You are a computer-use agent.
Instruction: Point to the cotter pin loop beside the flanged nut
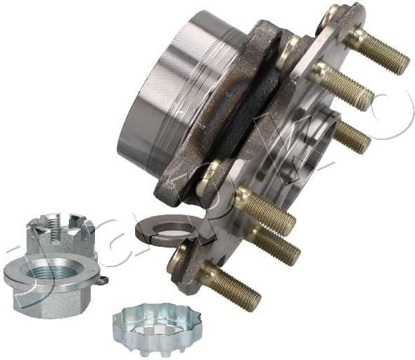103,281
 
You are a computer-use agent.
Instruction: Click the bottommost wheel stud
232,288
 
